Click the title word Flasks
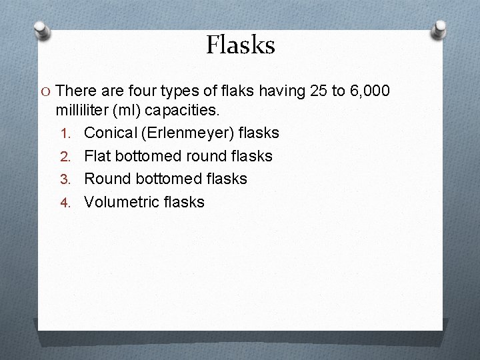[x=240, y=45]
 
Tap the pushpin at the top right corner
[x=440, y=29]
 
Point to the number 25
[x=320, y=91]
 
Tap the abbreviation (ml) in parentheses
[x=150, y=110]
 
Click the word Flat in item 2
[x=97, y=156]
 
